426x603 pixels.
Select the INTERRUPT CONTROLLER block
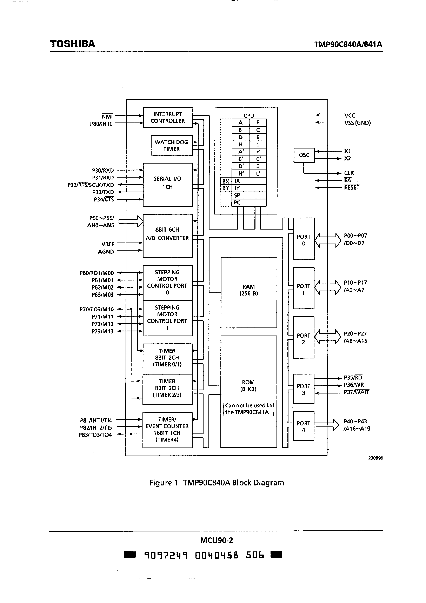pos(168,118)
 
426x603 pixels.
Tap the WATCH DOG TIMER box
pos(172,146)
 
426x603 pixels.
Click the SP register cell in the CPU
pos(248,195)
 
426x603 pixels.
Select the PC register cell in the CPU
pos(248,203)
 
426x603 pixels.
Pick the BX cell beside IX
pos(226,181)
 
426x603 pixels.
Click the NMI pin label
pos(107,116)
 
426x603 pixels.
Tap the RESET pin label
pos(352,187)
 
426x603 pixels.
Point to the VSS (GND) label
pos(358,123)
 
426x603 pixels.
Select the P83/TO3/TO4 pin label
pos(95,435)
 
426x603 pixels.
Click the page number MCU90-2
pos(217,540)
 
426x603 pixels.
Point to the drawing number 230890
pos(375,458)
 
